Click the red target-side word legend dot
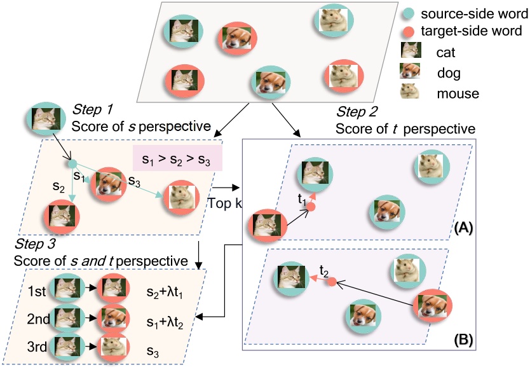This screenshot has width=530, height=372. click(x=407, y=30)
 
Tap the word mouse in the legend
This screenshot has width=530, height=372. click(x=455, y=93)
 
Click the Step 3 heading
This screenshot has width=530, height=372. click(x=34, y=245)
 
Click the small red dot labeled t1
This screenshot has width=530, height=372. click(x=312, y=207)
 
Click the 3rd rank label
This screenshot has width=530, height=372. click(x=39, y=347)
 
